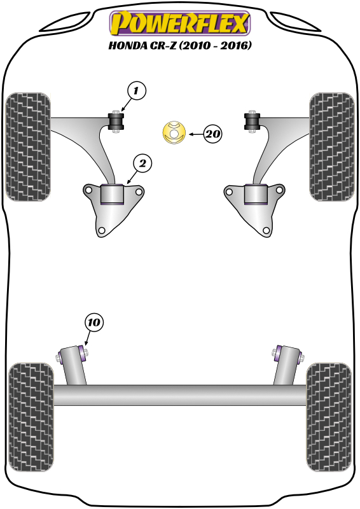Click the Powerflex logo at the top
[180, 23]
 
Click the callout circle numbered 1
[136, 90]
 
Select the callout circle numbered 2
[143, 164]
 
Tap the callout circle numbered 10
[93, 323]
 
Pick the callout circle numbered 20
[212, 134]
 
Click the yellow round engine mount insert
[174, 132]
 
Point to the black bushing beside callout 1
[116, 121]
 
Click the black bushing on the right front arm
[253, 121]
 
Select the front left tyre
[28, 147]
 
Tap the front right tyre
[332, 147]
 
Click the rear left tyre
[31, 417]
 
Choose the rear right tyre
[329, 417]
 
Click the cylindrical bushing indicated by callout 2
[112, 194]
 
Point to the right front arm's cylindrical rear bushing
[256, 194]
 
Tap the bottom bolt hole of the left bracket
[101, 230]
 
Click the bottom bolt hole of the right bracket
[267, 230]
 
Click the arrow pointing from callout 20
[196, 134]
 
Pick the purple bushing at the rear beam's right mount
[278, 353]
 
